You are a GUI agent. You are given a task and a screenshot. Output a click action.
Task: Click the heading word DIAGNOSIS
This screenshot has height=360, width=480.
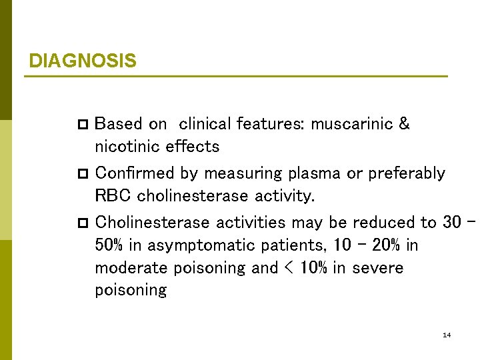pos(83,61)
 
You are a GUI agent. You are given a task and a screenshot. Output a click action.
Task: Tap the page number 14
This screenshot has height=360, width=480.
pos(447,334)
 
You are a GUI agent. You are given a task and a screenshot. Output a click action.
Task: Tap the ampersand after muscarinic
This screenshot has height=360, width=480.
pos(403,124)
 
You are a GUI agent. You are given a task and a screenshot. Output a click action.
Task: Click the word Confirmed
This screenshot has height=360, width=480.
pos(127,173)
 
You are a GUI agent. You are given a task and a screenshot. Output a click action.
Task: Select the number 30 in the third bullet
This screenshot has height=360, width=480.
pos(451,222)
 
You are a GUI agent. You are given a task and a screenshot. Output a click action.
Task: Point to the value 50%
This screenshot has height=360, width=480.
pos(109,245)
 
